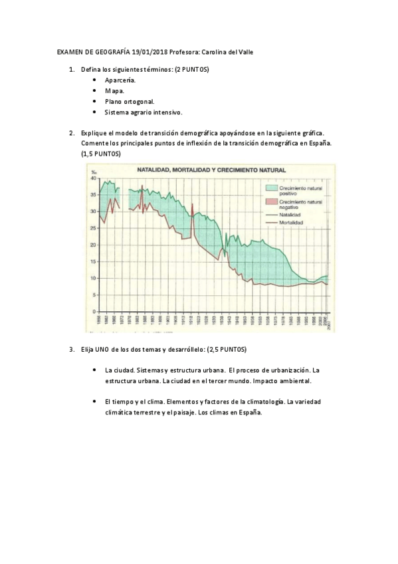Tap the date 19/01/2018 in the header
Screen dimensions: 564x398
[149, 52]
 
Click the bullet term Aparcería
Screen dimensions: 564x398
[120, 80]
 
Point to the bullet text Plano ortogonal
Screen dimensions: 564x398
[129, 102]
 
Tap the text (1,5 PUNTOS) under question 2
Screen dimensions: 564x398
[101, 153]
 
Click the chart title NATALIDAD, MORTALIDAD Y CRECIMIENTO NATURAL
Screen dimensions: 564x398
[208, 171]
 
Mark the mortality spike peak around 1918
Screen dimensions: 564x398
[192, 204]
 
